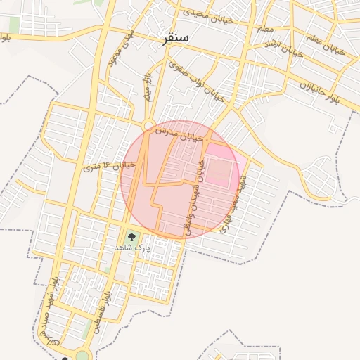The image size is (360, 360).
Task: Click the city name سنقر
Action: (x=174, y=39)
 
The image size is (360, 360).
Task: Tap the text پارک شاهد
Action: (x=132, y=248)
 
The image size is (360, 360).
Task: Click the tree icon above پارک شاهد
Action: (x=131, y=236)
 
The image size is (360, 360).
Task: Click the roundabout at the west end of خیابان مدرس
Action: (x=149, y=127)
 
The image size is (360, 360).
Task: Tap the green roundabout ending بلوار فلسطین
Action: (x=83, y=355)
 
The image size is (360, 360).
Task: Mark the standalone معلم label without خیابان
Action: (x=265, y=29)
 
